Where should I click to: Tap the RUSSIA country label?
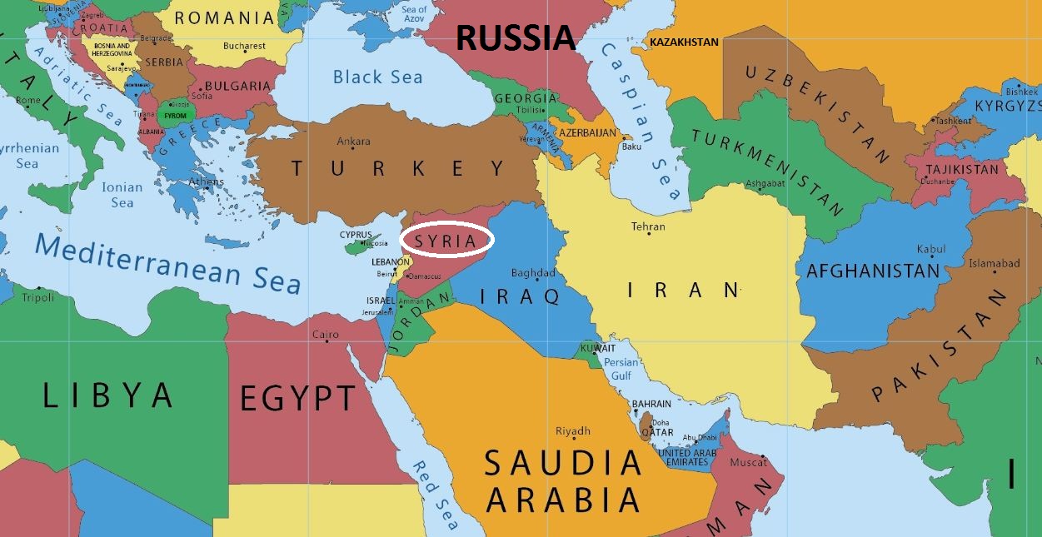(x=516, y=37)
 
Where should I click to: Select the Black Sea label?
(x=377, y=77)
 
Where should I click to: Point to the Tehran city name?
(x=648, y=226)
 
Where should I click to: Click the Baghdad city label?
(x=533, y=273)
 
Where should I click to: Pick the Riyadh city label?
(x=573, y=431)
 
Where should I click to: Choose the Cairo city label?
(x=325, y=335)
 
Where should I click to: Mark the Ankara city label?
(x=354, y=142)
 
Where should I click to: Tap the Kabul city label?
(x=931, y=249)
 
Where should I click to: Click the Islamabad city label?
(x=994, y=264)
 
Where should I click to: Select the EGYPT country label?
(x=297, y=399)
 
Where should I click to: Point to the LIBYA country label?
(x=107, y=395)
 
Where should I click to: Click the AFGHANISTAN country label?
(x=872, y=271)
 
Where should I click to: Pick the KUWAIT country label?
(x=599, y=348)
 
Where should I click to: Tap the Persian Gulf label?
(x=621, y=369)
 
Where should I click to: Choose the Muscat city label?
(x=747, y=462)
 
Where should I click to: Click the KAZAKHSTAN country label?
(x=684, y=42)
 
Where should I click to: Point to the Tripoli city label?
(x=37, y=297)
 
